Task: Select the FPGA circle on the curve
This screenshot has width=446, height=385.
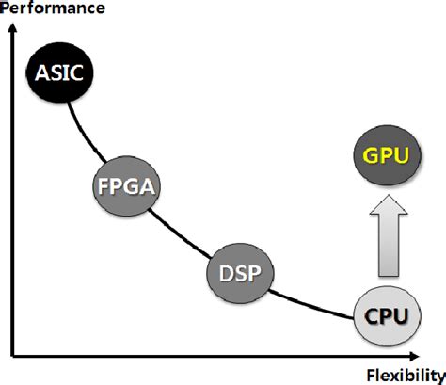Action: click(x=126, y=184)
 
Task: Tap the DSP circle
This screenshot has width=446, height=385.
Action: click(x=236, y=273)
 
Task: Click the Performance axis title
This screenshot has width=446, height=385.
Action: click(x=41, y=8)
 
